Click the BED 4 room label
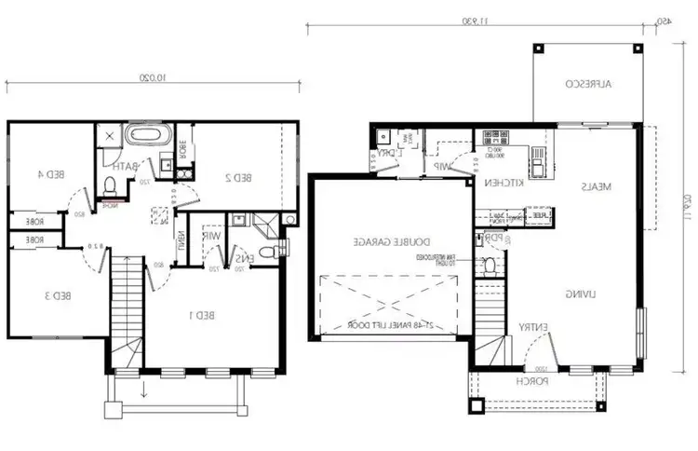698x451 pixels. pos(50,173)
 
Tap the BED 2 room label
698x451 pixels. pos(240,176)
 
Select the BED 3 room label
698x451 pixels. pos(57,296)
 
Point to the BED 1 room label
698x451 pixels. pos(203,315)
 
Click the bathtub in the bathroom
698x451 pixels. pos(145,137)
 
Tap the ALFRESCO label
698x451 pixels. pos(588,84)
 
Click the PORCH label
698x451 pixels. pos(534,382)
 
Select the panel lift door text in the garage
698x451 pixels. pos(386,325)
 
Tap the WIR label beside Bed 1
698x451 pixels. pos(213,238)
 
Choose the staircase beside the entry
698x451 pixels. pos(489,317)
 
